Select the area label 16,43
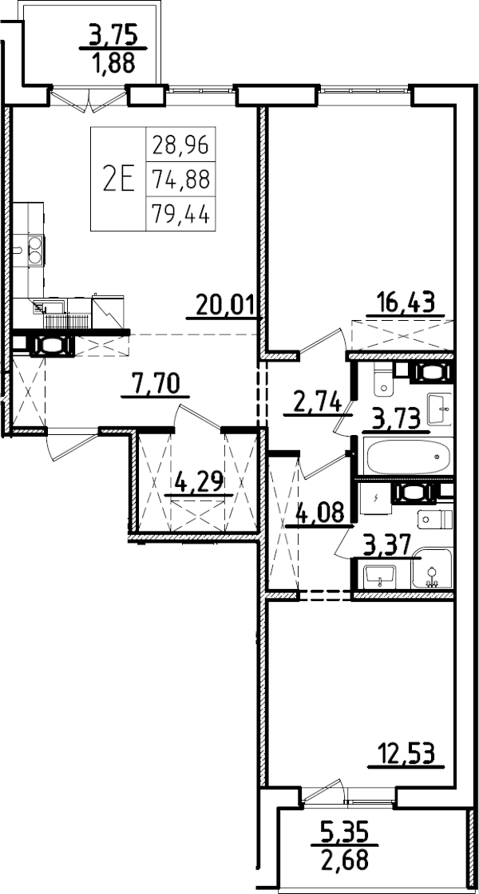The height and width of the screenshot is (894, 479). (x=405, y=303)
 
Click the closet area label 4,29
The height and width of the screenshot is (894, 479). (x=199, y=482)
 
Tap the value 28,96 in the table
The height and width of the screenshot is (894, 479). (x=180, y=145)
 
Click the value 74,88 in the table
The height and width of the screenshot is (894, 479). (x=180, y=180)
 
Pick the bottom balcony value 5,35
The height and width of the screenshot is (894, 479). (x=342, y=832)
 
